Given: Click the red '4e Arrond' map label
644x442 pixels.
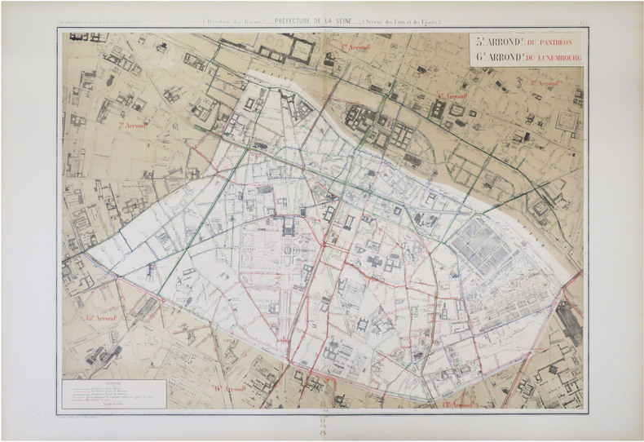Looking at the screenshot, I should coord(450,96).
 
